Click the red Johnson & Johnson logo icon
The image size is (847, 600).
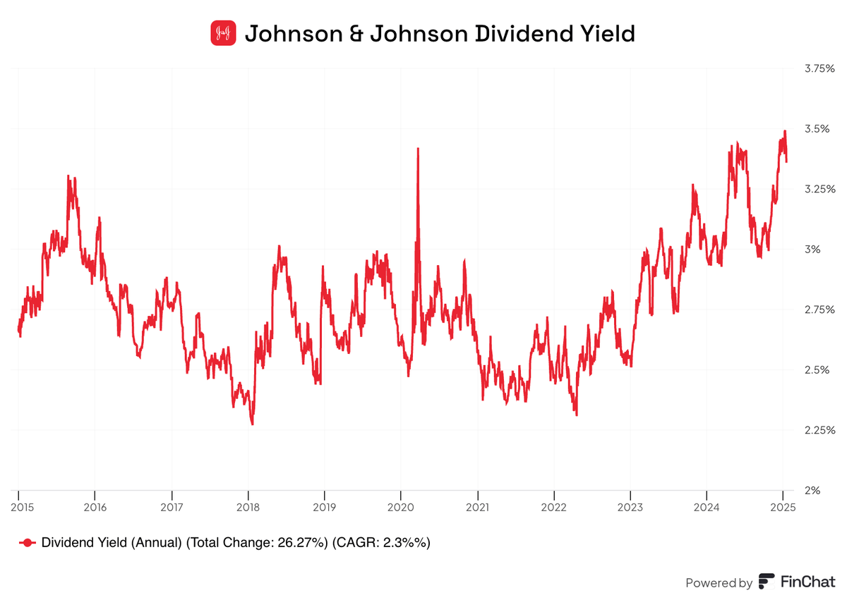coord(223,33)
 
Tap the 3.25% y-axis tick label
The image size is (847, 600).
coord(820,189)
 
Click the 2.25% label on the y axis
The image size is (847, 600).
coord(820,430)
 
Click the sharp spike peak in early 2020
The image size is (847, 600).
coord(418,149)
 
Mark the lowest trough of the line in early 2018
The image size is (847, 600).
coord(252,424)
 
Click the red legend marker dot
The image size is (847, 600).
coord(28,542)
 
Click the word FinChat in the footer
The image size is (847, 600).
coord(807,582)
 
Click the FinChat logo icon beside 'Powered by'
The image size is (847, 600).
coord(766,582)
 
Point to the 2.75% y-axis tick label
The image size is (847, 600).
coord(820,310)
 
